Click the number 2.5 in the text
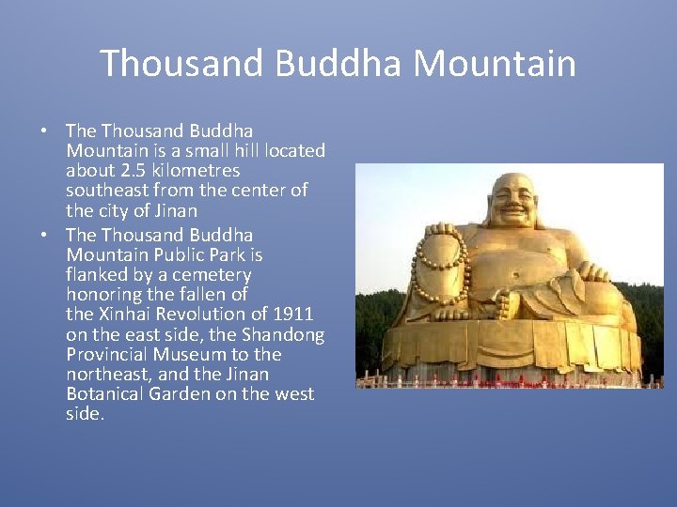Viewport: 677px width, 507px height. [x=134, y=171]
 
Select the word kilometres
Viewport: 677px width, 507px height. [x=196, y=171]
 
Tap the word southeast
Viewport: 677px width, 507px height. [x=106, y=191]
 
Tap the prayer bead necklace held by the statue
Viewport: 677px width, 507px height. [x=442, y=263]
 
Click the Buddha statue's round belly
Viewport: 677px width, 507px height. [x=527, y=282]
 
